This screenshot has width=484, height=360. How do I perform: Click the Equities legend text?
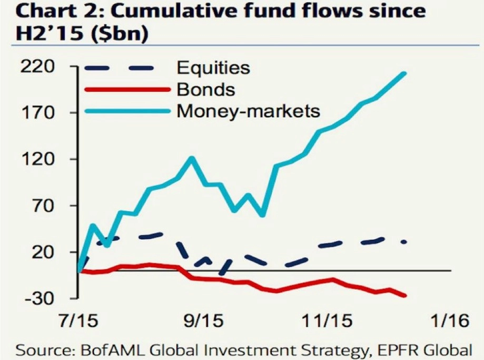click(213, 67)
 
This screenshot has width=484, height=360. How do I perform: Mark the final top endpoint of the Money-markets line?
click(405, 73)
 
